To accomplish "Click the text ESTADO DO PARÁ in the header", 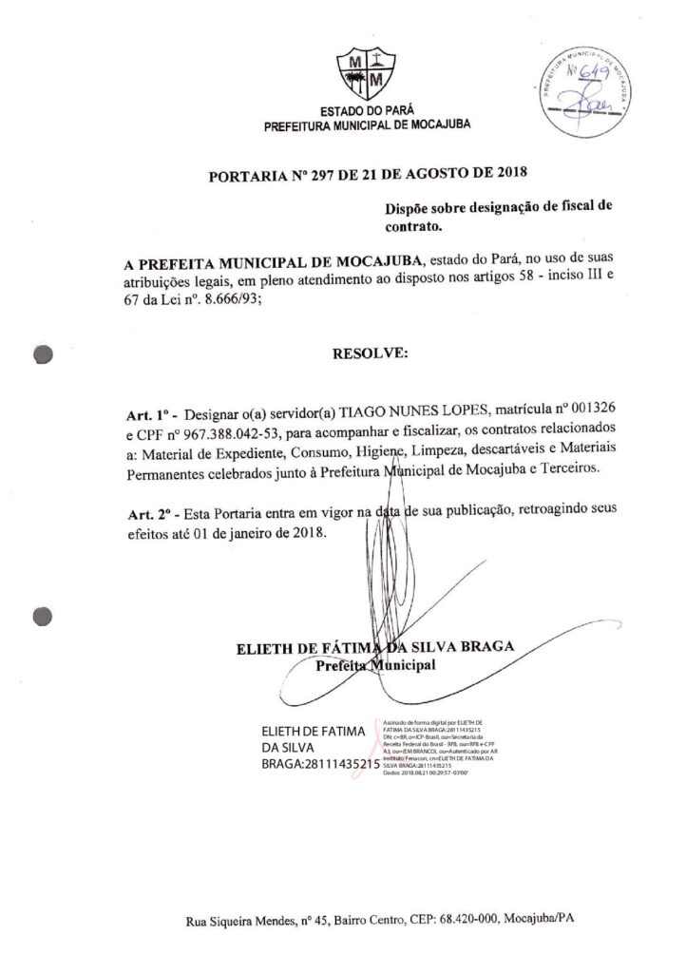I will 366,111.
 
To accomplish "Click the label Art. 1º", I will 149,414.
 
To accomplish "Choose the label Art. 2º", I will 150,514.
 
